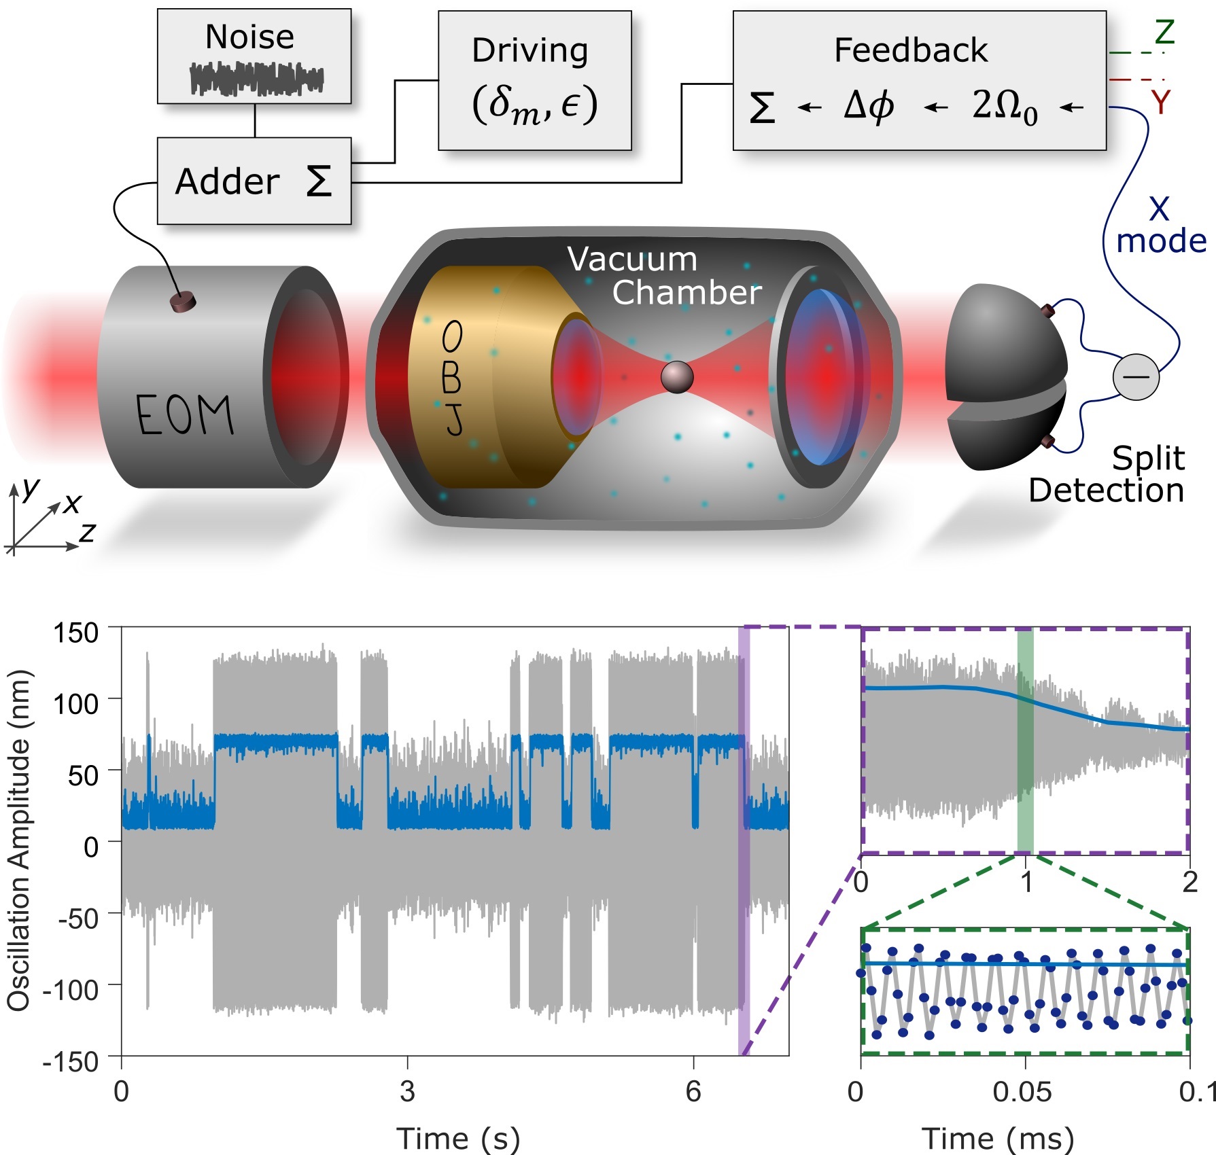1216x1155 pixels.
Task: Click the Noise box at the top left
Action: coord(254,56)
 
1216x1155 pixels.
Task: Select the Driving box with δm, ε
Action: coord(534,80)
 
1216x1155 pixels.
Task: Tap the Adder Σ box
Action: coord(254,181)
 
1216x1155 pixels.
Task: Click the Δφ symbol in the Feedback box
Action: coord(868,106)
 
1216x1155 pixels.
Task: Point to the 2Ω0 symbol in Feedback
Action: coord(1004,107)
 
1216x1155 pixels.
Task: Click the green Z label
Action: coord(1164,32)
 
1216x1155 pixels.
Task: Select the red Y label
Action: coord(1160,103)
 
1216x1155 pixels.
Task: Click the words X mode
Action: coord(1160,226)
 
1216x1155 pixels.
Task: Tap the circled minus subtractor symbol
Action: coord(1135,376)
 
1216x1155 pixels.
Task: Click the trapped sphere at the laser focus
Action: coord(677,376)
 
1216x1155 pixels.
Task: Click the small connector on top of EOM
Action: coord(182,302)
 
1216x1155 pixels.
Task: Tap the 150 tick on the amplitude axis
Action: coord(75,633)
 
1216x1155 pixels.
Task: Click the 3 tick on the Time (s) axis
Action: coord(407,1091)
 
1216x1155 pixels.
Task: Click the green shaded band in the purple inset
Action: coord(1025,741)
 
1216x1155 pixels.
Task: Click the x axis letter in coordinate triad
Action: coord(72,503)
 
